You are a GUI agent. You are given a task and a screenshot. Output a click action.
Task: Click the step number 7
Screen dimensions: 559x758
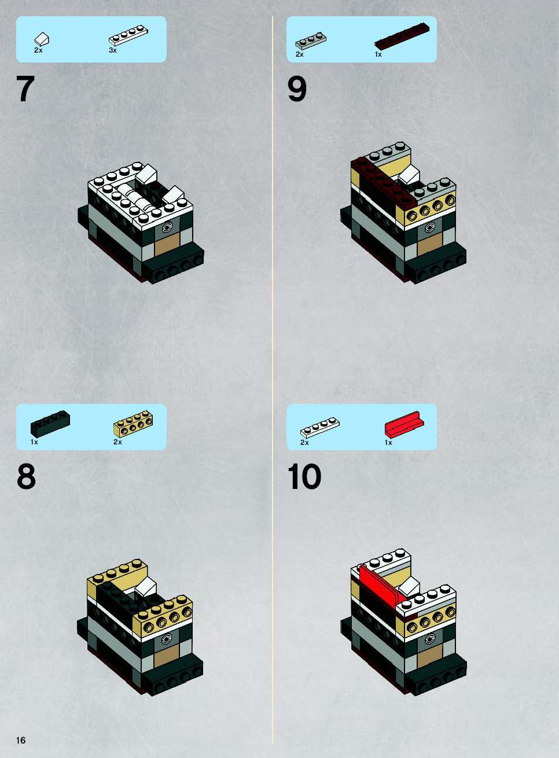click(25, 89)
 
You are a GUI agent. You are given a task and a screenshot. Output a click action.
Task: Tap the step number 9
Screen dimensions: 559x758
click(297, 89)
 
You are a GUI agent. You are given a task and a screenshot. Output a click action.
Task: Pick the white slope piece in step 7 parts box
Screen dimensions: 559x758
click(42, 39)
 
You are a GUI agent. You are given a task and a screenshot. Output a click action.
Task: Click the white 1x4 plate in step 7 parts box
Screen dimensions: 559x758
click(128, 35)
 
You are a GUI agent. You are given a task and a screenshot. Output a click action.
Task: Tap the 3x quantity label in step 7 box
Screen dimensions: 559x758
click(113, 50)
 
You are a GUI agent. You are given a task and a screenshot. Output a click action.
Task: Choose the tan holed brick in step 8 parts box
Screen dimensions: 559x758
click(133, 424)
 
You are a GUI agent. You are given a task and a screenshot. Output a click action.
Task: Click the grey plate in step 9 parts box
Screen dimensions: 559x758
click(311, 41)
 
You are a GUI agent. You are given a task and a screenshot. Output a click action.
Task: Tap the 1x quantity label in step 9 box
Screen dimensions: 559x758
click(378, 54)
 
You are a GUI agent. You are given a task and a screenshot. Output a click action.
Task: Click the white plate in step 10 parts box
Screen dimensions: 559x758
click(320, 428)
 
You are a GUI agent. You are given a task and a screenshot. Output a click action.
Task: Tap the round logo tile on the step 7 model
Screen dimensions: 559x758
click(167, 227)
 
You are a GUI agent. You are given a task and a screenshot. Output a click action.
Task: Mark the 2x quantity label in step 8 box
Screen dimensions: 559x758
click(117, 442)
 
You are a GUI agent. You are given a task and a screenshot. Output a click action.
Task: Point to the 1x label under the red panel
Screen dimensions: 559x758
click(388, 442)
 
